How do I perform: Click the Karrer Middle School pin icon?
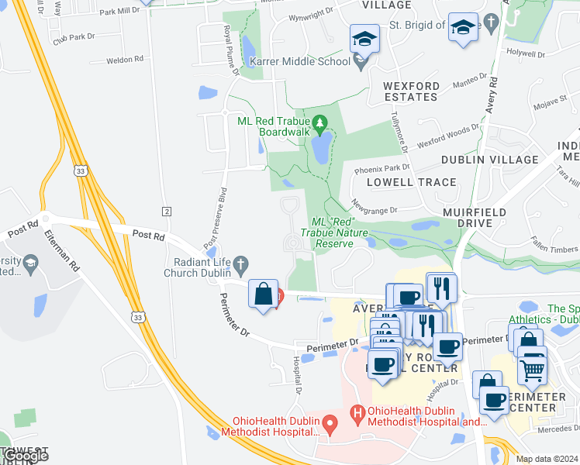pyautogui.click(x=360, y=62)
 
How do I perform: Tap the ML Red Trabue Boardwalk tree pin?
pyautogui.click(x=319, y=122)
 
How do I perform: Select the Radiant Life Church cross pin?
pyautogui.click(x=242, y=265)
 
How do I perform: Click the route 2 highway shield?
pyautogui.click(x=166, y=211)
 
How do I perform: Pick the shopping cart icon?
pyautogui.click(x=532, y=370)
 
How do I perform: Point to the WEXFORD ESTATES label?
pyautogui.click(x=410, y=91)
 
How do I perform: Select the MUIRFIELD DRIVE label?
pyautogui.click(x=475, y=217)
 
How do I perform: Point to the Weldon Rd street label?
pyautogui.click(x=125, y=59)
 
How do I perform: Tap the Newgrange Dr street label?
pyautogui.click(x=374, y=206)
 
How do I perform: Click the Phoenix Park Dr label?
pyautogui.click(x=381, y=168)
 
